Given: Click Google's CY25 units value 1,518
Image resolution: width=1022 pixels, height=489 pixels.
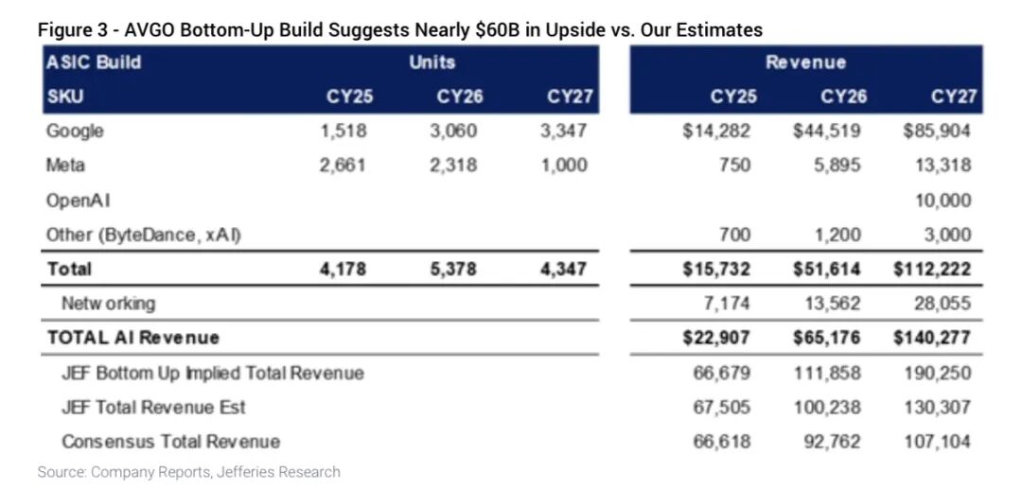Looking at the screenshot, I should pyautogui.click(x=344, y=131).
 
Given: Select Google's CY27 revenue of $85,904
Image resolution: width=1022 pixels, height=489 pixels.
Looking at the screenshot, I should pyautogui.click(x=936, y=131).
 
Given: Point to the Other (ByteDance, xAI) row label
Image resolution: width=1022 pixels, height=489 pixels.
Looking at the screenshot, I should pyautogui.click(x=143, y=235).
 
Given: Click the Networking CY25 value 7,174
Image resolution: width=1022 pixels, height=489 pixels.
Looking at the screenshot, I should pyautogui.click(x=724, y=304).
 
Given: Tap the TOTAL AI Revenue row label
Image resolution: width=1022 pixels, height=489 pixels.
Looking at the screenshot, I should pyautogui.click(x=132, y=338).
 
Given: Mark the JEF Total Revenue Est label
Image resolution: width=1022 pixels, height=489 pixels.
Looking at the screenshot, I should pyautogui.click(x=153, y=407).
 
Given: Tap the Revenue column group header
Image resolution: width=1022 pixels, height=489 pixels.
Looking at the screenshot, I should pyautogui.click(x=805, y=62).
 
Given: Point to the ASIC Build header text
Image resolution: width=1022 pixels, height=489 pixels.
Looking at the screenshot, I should pyautogui.click(x=93, y=62).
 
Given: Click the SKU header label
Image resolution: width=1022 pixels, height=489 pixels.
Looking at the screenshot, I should pyautogui.click(x=64, y=96).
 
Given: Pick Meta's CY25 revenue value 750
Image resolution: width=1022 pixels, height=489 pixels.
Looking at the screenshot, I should pyautogui.click(x=733, y=166).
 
